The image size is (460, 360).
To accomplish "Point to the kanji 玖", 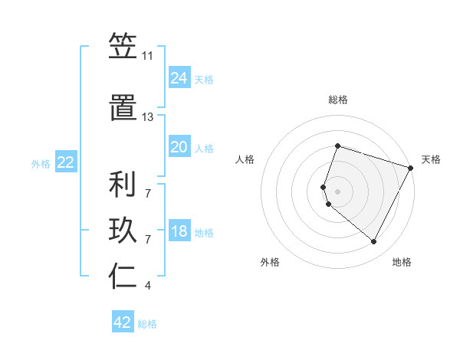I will pos(123,231).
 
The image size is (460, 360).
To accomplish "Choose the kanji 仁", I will pos(123,277).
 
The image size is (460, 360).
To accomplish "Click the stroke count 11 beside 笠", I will pos(148,57).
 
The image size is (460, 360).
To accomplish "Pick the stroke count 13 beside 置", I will pos(148,117).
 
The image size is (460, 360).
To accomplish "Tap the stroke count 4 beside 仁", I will pos(148,286).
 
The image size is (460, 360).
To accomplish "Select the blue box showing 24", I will pos(179,77).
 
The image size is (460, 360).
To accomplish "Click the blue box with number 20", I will pos(179,147).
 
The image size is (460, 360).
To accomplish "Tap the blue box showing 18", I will pos(179,232).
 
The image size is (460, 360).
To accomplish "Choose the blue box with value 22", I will pos(66,162).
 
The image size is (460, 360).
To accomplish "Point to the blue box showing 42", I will pos(123,322).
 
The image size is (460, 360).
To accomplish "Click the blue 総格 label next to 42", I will pos(147,324).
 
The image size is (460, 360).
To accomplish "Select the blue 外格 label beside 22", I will pos(41,164).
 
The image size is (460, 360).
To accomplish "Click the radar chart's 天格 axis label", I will pos(431,159).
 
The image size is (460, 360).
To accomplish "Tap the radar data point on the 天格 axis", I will pos(411,167).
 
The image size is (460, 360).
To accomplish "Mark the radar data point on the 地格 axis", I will pos(373,242).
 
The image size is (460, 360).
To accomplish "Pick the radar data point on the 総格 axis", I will pos(337,146).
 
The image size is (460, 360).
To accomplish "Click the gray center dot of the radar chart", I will pos(337,190).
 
